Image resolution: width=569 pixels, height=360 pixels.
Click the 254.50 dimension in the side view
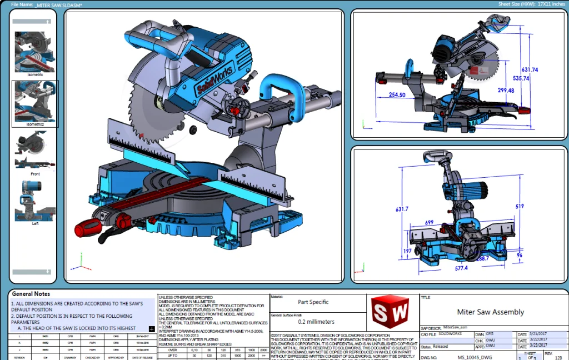(x=397, y=95)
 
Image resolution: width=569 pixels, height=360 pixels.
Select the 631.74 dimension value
(x=530, y=70)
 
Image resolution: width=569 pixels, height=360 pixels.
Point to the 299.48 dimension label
(x=506, y=91)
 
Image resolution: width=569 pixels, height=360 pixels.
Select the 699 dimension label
(x=429, y=222)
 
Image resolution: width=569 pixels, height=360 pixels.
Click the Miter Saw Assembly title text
(x=490, y=312)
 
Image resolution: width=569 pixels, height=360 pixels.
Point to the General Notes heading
(x=31, y=294)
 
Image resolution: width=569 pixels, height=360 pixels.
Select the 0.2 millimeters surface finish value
(x=316, y=322)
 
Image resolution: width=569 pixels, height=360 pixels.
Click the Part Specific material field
(x=313, y=302)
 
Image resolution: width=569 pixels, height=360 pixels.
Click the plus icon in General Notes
(x=152, y=329)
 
